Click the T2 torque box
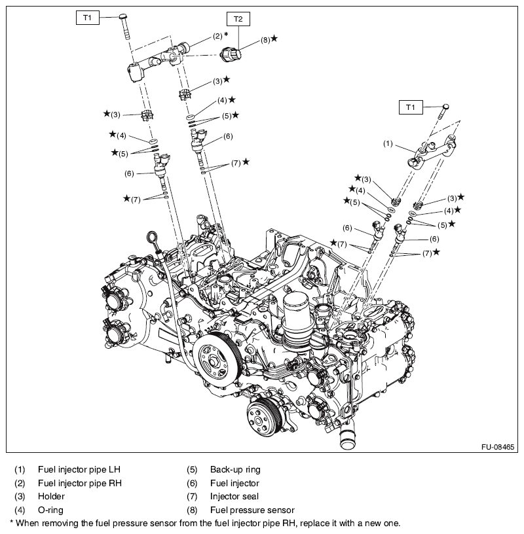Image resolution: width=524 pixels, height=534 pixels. click(238, 20)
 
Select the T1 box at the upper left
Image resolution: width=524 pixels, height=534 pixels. click(86, 18)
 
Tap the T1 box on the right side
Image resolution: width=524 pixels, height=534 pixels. click(411, 107)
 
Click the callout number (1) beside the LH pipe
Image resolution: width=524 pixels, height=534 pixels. click(387, 143)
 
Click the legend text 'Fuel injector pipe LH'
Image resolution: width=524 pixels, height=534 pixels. click(79, 470)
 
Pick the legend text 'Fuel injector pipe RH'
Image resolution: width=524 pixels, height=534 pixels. click(80, 483)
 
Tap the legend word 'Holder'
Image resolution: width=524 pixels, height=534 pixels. click(52, 496)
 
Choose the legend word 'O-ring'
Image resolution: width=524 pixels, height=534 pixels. click(51, 509)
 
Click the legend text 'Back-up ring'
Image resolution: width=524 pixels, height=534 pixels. click(235, 470)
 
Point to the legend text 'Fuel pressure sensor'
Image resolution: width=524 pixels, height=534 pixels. click(252, 509)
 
